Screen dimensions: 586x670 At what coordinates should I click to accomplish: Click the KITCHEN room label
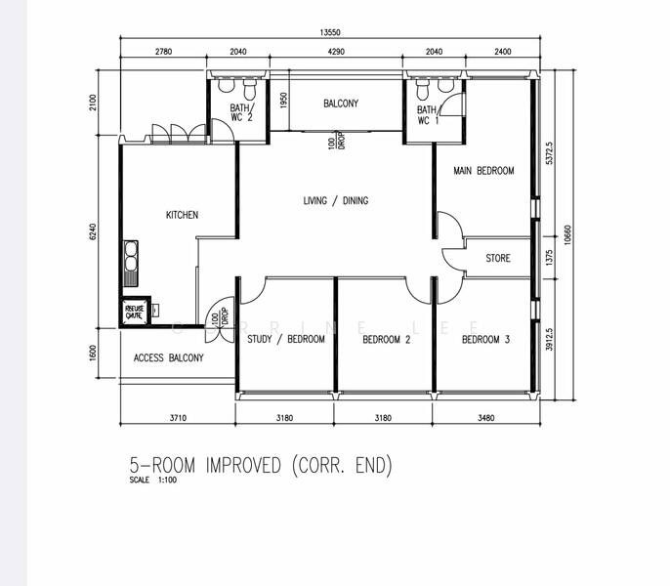182,215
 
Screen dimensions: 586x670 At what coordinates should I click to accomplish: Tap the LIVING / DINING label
335,201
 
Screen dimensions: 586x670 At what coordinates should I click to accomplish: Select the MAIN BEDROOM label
482,171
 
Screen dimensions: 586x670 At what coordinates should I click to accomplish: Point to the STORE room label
497,259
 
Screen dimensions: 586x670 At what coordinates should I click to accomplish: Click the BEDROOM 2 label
386,340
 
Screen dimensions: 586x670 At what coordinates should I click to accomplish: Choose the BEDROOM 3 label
485,340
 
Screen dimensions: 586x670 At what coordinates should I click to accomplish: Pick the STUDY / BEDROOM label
285,340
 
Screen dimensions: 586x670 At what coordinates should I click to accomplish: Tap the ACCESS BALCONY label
168,358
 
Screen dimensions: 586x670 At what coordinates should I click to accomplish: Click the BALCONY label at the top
341,104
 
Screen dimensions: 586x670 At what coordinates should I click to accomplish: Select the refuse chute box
133,313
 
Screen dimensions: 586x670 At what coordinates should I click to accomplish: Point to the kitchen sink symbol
130,260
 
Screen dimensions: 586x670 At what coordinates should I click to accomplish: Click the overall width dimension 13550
330,32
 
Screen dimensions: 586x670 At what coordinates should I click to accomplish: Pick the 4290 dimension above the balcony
336,52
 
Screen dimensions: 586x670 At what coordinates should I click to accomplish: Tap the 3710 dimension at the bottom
177,418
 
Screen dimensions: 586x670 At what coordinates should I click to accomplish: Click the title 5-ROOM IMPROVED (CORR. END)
260,465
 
